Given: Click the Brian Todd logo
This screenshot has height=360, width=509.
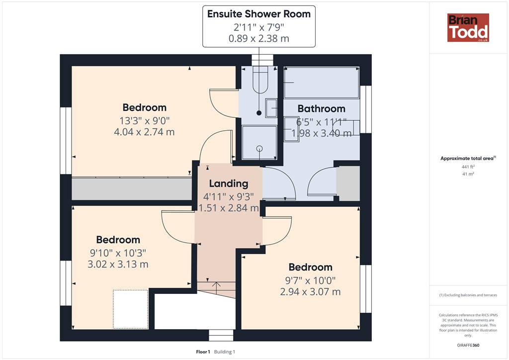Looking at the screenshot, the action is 468,27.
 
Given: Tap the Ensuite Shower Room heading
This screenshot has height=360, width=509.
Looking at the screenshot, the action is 258,14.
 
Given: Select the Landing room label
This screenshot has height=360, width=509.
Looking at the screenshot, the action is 229,184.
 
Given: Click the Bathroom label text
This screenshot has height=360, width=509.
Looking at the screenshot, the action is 322,108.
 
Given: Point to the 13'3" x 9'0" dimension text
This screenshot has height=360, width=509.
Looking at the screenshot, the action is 145,121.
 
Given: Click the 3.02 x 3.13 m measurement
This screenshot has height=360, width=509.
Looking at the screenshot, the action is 118,264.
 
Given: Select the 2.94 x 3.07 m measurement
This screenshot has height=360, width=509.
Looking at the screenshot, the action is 310,292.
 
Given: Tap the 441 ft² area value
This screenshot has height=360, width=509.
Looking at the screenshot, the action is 468,167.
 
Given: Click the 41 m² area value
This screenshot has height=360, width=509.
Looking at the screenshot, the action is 468,174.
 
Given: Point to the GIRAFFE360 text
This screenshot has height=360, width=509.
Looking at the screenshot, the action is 468,345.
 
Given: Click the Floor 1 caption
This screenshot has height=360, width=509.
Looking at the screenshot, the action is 203,352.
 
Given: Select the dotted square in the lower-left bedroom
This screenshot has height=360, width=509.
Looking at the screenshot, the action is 131,309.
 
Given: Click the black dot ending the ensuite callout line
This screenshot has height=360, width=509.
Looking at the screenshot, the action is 259,113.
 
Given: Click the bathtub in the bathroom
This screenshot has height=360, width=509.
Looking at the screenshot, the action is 322,83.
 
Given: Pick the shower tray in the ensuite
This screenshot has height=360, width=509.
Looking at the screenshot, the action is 259,143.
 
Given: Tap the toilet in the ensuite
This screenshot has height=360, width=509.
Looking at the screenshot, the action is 259,80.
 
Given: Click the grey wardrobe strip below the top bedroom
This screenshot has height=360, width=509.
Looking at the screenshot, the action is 132,188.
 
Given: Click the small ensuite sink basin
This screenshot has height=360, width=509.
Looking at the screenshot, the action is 271,108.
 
